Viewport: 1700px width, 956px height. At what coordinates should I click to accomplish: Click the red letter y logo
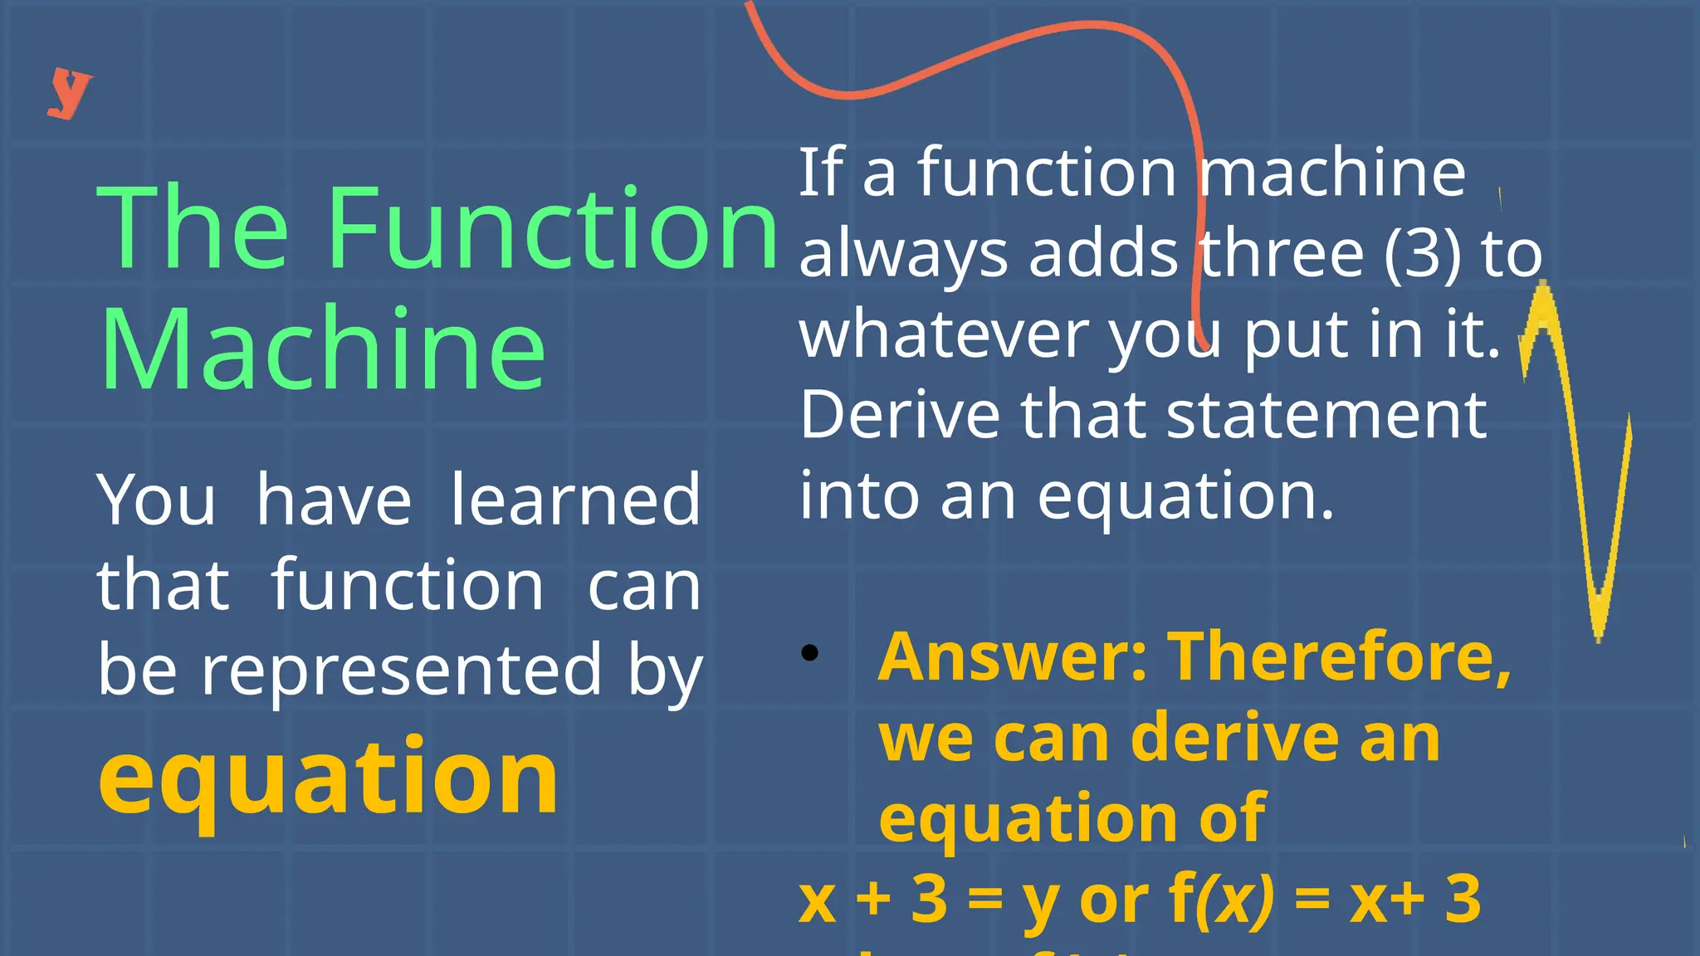coord(69,93)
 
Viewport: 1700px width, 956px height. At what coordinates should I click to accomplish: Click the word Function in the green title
coord(553,228)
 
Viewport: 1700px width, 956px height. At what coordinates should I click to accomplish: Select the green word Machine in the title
coord(322,348)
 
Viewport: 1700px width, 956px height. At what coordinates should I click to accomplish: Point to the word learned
coord(575,500)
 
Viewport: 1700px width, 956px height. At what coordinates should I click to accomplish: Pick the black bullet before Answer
coord(810,653)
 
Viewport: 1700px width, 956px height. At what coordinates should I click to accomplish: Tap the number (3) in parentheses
coord(1422,254)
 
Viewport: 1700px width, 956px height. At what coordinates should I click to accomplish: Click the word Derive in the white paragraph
coord(900,415)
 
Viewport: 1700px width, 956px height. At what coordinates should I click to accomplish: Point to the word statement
coord(1326,415)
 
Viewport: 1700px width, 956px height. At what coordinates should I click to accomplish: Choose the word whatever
coord(944,334)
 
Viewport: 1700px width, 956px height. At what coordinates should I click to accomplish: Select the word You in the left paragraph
coord(156,500)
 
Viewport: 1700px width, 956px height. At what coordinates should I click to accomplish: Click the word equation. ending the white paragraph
coord(1185,496)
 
